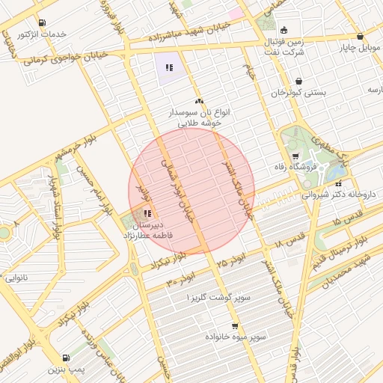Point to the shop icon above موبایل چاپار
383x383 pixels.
[x=360, y=35]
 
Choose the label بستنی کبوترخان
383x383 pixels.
[x=298, y=92]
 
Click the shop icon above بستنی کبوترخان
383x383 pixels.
[x=299, y=81]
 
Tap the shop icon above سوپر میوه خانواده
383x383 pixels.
[x=236, y=326]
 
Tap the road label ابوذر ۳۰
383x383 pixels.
[x=181, y=280]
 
